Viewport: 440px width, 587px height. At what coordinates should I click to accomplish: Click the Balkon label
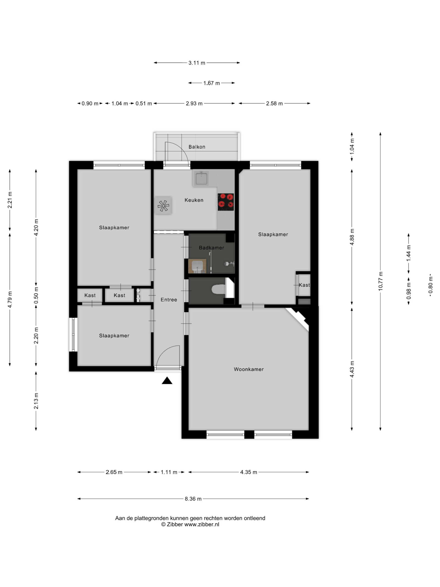(x=197, y=147)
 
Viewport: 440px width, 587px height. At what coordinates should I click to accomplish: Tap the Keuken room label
(x=194, y=200)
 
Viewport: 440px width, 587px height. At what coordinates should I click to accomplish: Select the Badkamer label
(x=211, y=248)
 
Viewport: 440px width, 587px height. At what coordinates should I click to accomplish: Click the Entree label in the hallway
(x=169, y=300)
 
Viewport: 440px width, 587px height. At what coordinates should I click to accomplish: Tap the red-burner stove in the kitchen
(x=226, y=202)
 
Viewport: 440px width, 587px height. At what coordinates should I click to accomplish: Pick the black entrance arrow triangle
(x=167, y=381)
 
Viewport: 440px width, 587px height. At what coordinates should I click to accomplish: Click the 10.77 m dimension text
(x=380, y=281)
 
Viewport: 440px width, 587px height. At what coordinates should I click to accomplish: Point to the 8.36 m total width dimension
(x=193, y=499)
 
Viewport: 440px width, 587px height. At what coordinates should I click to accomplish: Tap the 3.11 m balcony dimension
(x=197, y=63)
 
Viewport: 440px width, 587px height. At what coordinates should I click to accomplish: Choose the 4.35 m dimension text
(x=248, y=472)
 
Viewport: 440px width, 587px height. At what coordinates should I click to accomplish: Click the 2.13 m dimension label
(x=36, y=401)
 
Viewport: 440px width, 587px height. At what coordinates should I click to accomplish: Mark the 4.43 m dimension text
(x=352, y=369)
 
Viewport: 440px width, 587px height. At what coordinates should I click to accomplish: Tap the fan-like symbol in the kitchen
(x=163, y=205)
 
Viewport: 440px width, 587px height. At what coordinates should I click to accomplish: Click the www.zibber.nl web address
(x=202, y=524)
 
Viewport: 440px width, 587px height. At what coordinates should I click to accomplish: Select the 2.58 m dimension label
(x=274, y=103)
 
